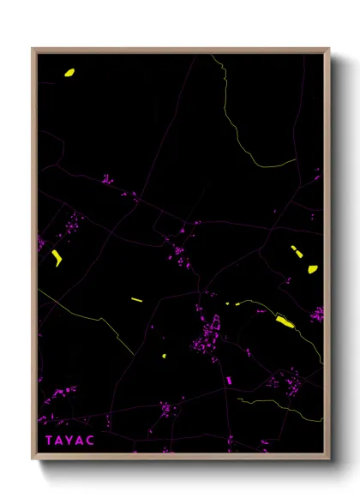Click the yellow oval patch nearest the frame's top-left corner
[69, 73]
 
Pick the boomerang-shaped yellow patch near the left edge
[57, 257]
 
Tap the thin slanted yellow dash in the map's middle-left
[136, 299]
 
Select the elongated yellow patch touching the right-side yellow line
[284, 321]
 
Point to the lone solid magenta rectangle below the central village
[229, 379]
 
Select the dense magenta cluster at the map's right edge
[317, 314]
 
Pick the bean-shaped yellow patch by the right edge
[313, 269]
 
